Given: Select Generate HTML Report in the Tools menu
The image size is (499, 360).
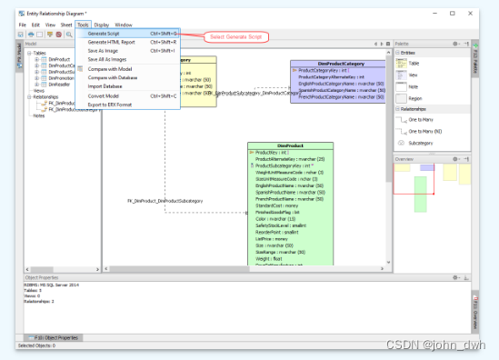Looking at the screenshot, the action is pos(113,42).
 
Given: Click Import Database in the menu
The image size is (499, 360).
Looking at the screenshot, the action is pos(105,86).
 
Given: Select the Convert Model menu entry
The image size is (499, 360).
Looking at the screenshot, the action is pos(105,95).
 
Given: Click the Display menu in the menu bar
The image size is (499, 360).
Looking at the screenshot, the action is pos(101,25).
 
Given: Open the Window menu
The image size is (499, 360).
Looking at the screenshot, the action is pos(123,25).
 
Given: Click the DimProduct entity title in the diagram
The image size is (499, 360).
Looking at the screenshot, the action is pos(291,145).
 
